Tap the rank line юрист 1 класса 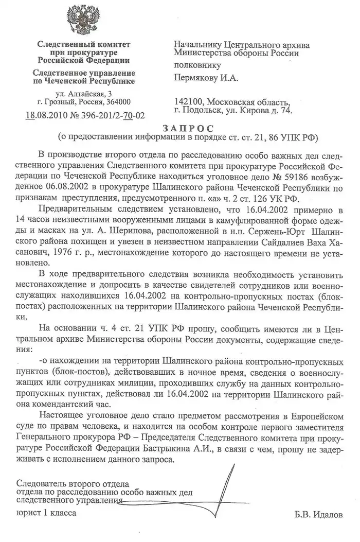click(46, 513)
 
